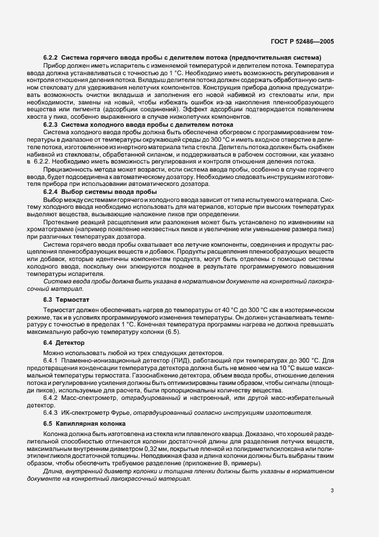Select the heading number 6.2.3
click(x=51, y=124)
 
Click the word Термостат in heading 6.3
click(x=73, y=299)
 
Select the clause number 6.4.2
click(x=52, y=397)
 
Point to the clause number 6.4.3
click(x=52, y=412)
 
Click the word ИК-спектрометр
click(x=87, y=412)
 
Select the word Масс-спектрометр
click(x=89, y=397)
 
